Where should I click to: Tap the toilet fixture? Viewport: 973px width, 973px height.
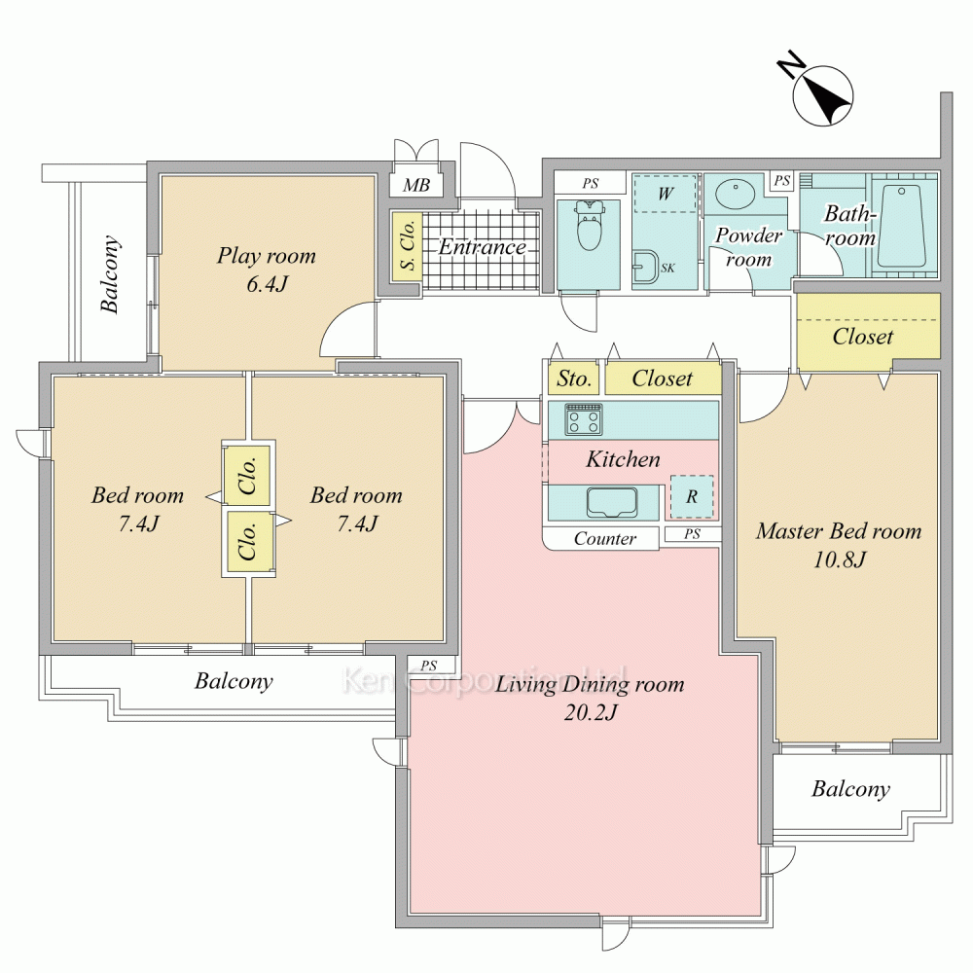[589, 225]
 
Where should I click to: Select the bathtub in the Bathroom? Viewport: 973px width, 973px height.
[902, 226]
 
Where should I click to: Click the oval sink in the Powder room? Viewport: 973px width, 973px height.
[736, 195]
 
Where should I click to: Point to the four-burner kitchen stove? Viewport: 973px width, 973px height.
[583, 418]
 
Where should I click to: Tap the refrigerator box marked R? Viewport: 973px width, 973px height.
[692, 496]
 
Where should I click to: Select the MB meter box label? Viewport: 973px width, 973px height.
[416, 185]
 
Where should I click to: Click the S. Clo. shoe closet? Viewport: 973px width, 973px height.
[407, 245]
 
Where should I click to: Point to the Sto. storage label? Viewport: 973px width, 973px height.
[573, 378]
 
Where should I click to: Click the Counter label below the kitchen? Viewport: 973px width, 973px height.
[604, 538]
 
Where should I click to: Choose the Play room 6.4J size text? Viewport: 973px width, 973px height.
[267, 284]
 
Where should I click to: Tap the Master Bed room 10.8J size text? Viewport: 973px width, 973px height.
[840, 559]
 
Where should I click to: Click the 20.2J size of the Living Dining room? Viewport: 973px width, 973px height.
[591, 712]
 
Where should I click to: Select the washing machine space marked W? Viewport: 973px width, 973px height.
[666, 194]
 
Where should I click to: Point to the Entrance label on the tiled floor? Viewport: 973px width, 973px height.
[483, 247]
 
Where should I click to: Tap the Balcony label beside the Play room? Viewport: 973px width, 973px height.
[110, 273]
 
